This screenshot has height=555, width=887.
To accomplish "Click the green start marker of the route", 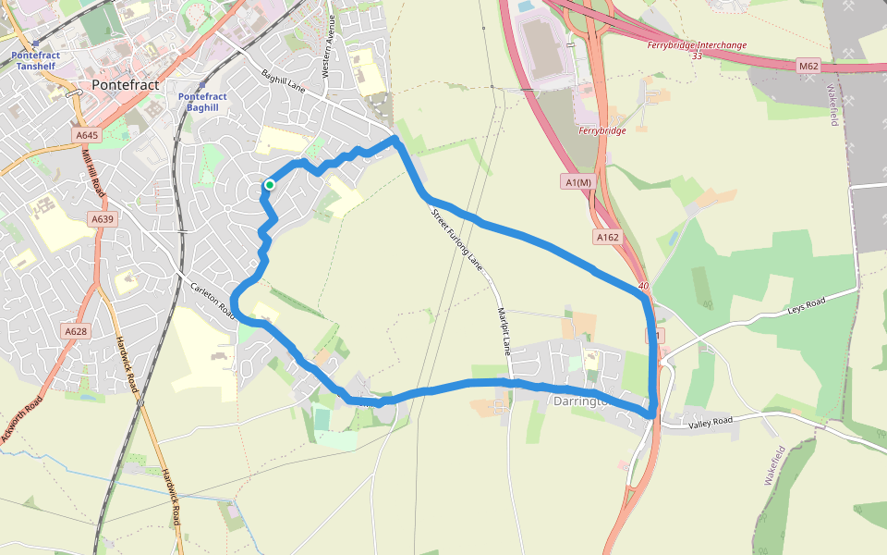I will coord(269,185).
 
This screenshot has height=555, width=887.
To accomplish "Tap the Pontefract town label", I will coord(126,85).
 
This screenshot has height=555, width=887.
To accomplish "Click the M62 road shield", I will coord(809,66).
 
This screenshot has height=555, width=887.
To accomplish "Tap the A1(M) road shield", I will coord(577,182).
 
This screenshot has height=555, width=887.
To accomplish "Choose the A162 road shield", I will coord(607,238).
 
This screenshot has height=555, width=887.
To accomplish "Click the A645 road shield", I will coord(86,136).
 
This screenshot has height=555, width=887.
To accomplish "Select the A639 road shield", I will coord(102,219).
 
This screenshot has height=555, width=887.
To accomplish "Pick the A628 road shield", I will coord(76,331).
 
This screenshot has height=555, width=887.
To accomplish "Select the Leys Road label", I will coord(805,305).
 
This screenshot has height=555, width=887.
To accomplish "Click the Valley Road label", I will coord(711,423).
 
